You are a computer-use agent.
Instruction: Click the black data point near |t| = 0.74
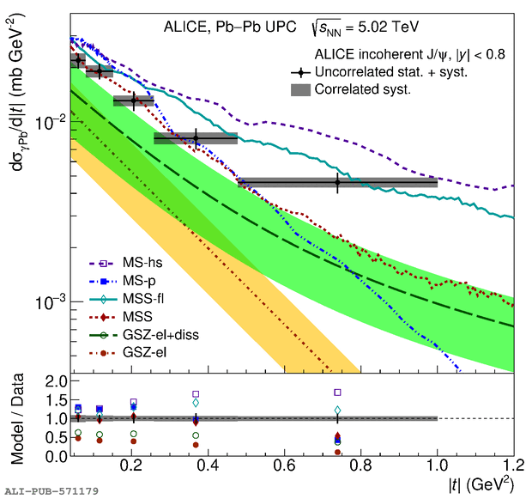(337, 182)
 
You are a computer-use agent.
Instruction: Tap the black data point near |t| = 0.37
(196, 138)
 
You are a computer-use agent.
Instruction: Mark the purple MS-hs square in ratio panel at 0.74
(337, 393)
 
